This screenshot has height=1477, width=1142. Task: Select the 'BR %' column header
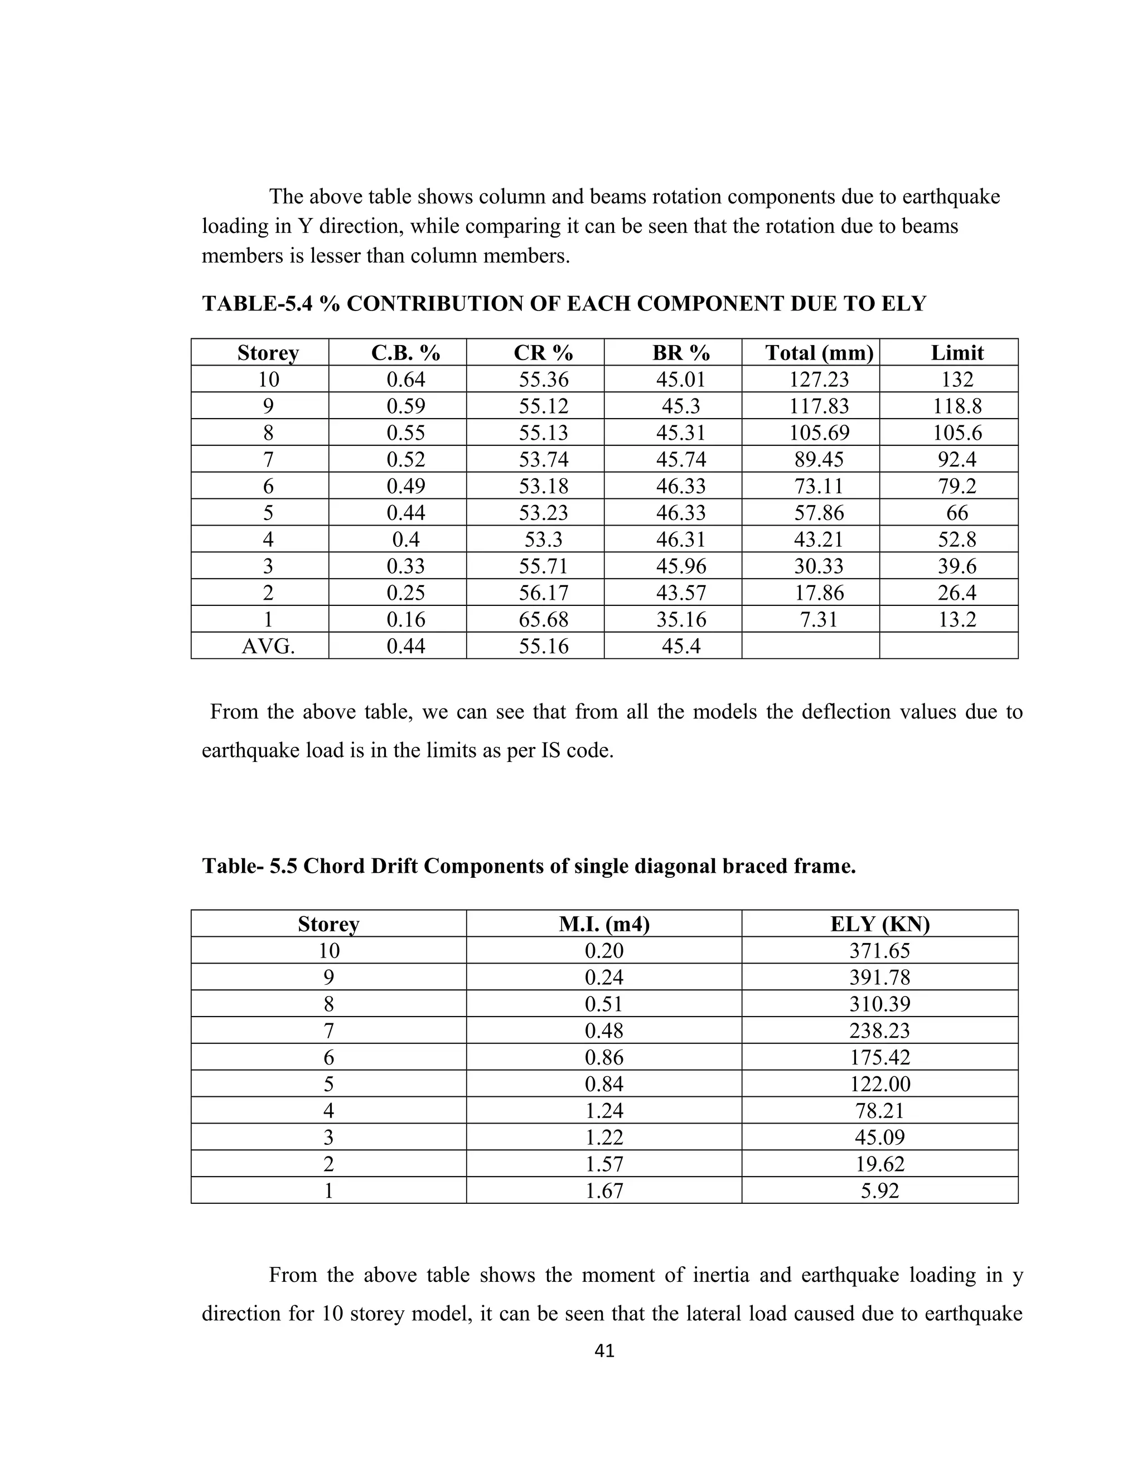(681, 352)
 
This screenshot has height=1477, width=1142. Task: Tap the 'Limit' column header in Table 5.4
(957, 352)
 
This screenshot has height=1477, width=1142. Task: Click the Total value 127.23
(819, 380)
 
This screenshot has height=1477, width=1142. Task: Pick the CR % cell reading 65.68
(543, 619)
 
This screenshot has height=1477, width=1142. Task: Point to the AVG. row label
(268, 647)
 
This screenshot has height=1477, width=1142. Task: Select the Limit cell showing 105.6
(957, 433)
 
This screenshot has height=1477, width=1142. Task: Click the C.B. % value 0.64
(405, 380)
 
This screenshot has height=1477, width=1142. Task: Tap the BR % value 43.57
(681, 593)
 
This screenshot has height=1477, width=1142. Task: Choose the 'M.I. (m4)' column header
(603, 924)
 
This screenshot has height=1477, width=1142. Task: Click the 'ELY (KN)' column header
(879, 924)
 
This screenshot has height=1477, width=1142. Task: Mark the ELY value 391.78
(879, 977)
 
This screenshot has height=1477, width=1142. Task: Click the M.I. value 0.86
(603, 1057)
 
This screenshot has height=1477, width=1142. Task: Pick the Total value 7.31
(819, 619)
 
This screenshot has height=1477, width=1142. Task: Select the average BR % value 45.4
(681, 647)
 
